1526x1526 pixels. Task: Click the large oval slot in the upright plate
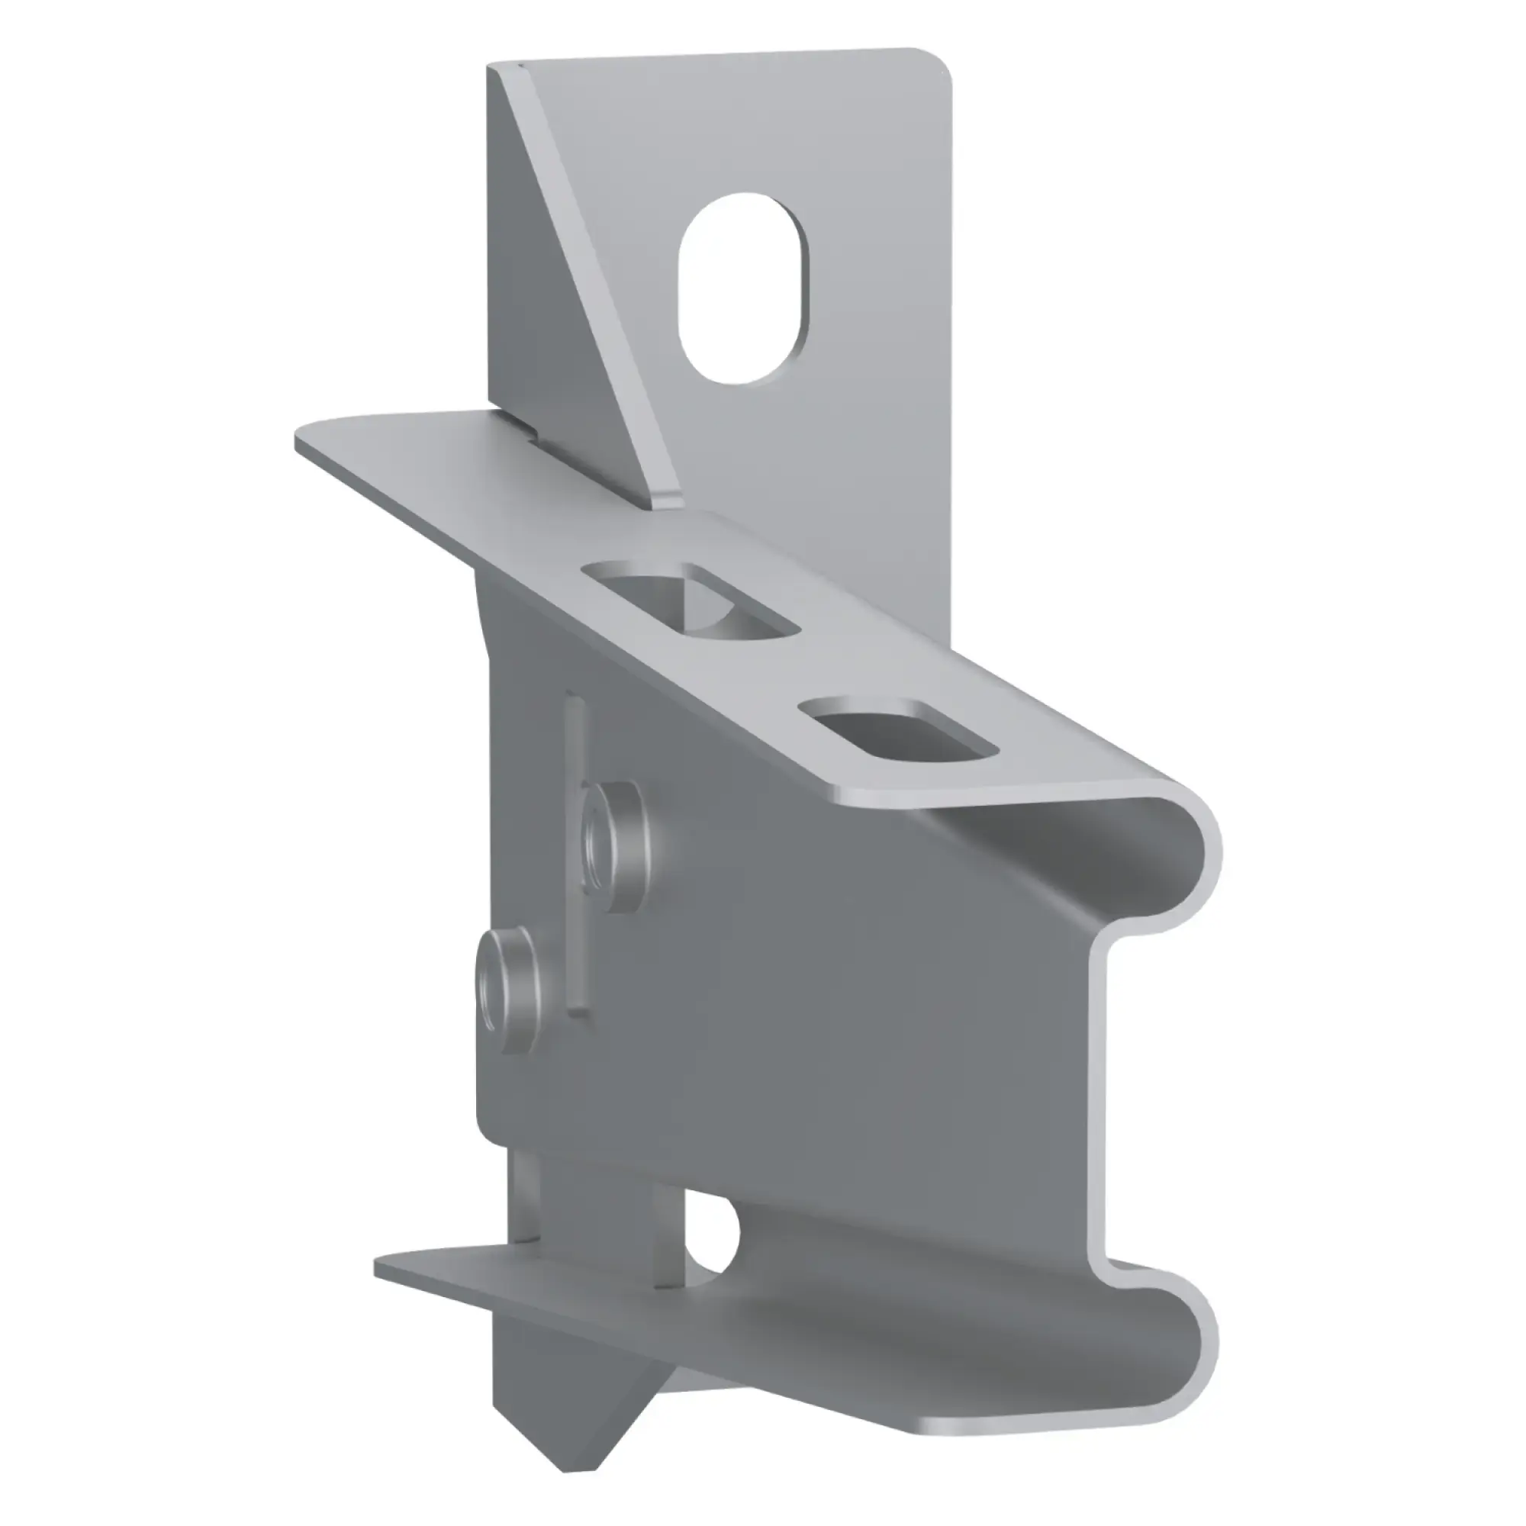744,288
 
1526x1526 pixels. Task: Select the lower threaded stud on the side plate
509,992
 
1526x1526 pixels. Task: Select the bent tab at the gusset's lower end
668,497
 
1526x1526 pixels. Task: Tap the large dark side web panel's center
790,987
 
